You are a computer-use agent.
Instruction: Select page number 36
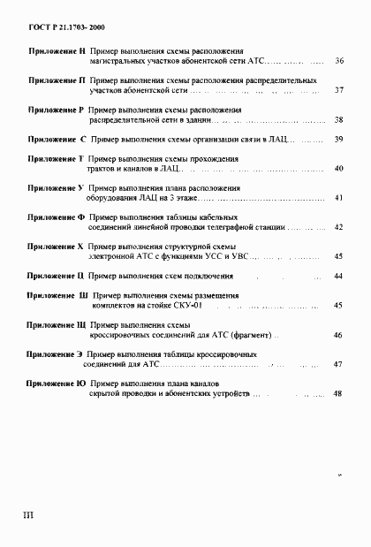click(340, 61)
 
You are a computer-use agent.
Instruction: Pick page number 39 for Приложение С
click(337, 140)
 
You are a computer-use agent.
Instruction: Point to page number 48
click(337, 393)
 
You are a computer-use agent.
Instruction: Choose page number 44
click(337, 277)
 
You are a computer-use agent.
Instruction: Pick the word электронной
click(114, 256)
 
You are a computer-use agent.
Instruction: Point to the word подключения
click(199, 277)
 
